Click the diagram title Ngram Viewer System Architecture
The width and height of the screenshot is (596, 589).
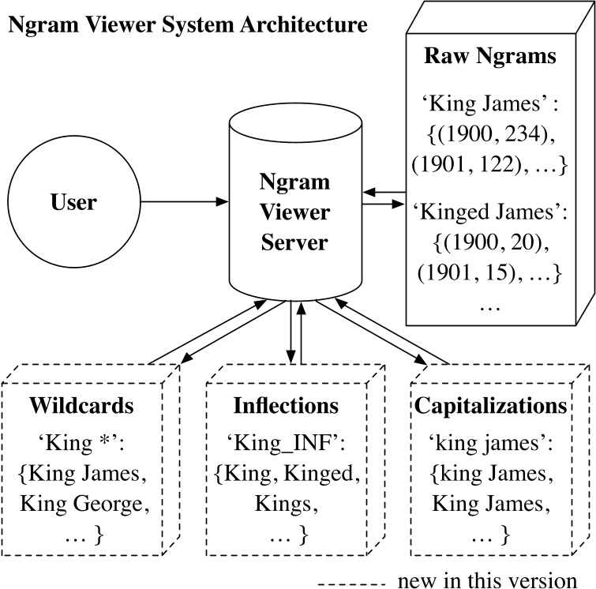[187, 24]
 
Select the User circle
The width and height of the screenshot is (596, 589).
[73, 203]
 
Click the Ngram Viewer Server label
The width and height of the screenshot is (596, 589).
[294, 213]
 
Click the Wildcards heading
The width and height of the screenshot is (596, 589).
[81, 407]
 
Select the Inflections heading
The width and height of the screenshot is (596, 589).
[286, 407]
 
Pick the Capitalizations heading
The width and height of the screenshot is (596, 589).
[489, 407]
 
